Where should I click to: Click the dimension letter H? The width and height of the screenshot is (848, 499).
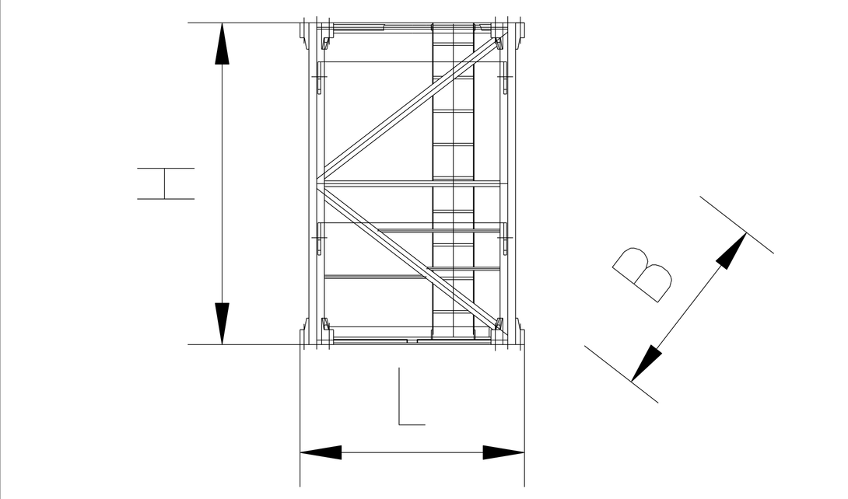pyautogui.click(x=166, y=183)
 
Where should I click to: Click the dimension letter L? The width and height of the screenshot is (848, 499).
pyautogui.click(x=412, y=396)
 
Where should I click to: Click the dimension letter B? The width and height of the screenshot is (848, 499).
pyautogui.click(x=643, y=275)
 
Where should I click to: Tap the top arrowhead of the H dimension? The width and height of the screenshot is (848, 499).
pyautogui.click(x=222, y=44)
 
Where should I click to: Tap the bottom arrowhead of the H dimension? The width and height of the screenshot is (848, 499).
pyautogui.click(x=222, y=323)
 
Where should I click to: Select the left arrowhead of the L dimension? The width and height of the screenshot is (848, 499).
pyautogui.click(x=321, y=452)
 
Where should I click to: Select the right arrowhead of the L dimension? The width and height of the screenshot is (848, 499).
pyautogui.click(x=503, y=452)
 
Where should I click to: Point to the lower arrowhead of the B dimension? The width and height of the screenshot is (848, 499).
pyautogui.click(x=646, y=364)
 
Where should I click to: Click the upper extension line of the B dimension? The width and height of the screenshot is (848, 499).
pyautogui.click(x=737, y=225)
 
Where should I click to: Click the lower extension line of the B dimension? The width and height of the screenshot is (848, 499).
pyautogui.click(x=622, y=375)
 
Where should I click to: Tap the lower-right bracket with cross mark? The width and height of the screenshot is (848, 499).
pyautogui.click(x=505, y=238)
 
